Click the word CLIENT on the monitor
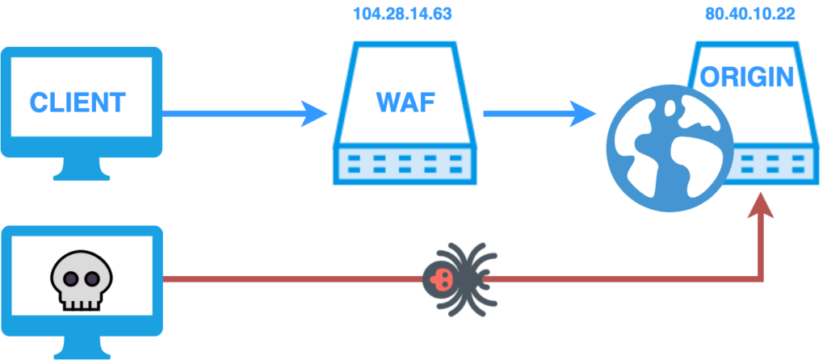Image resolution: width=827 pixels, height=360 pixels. click(78, 103)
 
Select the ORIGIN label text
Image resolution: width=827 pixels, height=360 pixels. click(747, 77)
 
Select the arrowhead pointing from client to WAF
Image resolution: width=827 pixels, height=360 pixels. click(313, 114)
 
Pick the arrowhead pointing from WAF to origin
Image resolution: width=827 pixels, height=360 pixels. click(583, 114)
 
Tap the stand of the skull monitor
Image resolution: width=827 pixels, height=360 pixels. click(82, 347)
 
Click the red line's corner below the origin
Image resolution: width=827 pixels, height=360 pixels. click(761, 279)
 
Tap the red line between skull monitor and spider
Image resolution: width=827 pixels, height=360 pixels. click(291, 279)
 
